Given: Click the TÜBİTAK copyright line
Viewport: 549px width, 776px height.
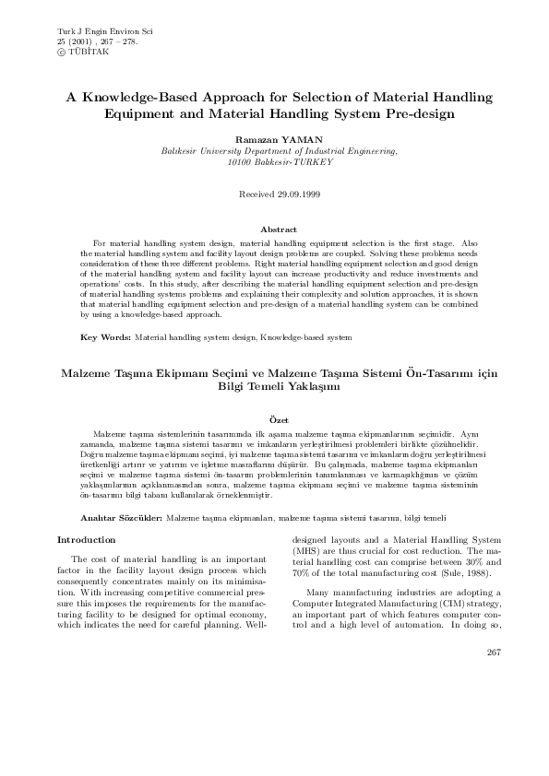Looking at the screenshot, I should point(82,52).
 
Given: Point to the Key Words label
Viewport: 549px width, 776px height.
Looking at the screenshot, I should point(105,337).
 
